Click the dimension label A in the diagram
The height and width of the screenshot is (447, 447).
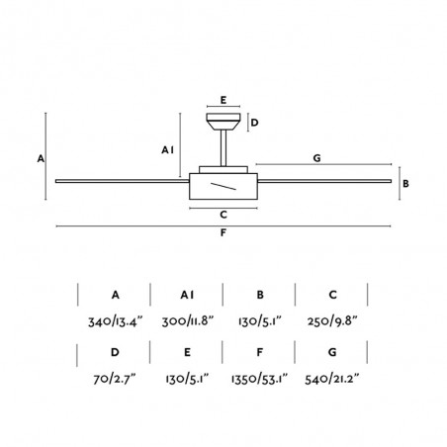[x=41, y=158]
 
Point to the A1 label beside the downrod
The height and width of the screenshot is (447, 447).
[x=167, y=150]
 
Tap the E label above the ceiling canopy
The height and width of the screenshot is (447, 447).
[x=223, y=100]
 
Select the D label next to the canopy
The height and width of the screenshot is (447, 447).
[x=254, y=123]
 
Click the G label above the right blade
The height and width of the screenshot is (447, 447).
[x=316, y=158]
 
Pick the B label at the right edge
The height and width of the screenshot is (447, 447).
[x=405, y=184]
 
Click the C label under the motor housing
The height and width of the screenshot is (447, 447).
[x=223, y=215]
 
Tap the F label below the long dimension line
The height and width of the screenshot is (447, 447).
[x=223, y=232]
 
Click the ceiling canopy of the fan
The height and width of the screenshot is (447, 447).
[x=223, y=122]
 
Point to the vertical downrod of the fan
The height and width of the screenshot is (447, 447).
[x=223, y=148]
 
